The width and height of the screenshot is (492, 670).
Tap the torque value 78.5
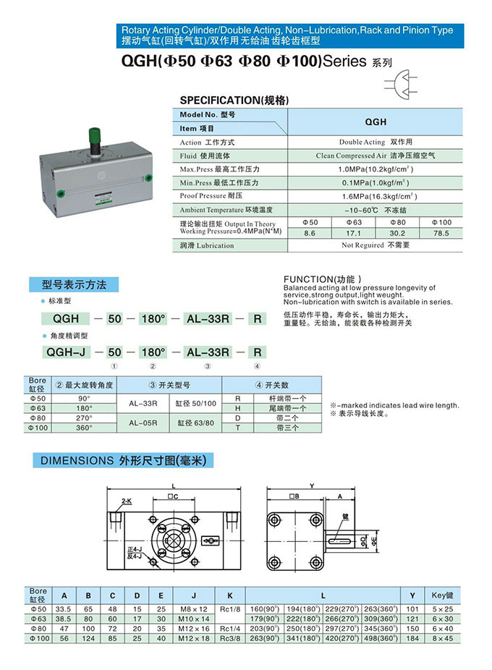tap(441, 234)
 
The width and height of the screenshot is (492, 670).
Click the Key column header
tap(442, 595)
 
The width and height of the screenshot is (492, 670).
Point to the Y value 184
tap(412, 639)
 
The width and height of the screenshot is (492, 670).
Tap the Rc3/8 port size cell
tap(230, 639)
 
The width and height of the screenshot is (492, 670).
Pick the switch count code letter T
tap(237, 428)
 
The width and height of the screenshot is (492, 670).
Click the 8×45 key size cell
tap(442, 639)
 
